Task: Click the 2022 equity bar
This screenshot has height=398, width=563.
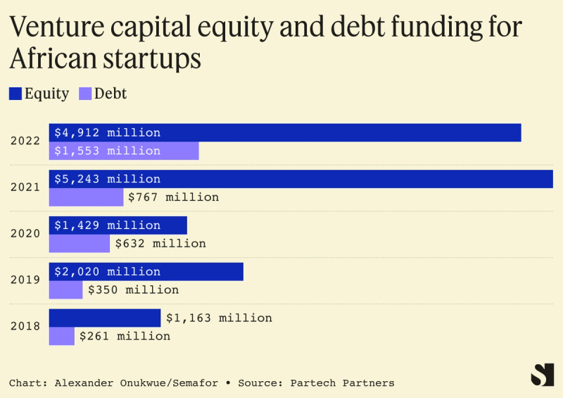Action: (x=338, y=132)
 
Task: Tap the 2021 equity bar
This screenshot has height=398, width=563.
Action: (x=352, y=179)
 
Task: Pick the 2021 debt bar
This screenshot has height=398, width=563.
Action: (x=86, y=197)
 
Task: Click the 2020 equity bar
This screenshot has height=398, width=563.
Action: (x=172, y=225)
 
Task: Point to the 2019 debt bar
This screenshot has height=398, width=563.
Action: (x=65, y=290)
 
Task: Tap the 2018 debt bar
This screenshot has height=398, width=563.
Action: (x=61, y=336)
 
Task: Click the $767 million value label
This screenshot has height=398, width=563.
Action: (x=173, y=197)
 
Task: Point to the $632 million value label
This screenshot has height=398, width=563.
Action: (x=160, y=244)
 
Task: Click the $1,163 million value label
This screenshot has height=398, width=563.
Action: (x=219, y=318)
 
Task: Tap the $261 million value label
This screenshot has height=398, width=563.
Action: (x=125, y=336)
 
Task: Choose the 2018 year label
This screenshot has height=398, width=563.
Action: (x=25, y=327)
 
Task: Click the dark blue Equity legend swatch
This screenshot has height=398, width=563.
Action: (x=15, y=93)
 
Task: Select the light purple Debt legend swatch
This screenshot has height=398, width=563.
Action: (x=85, y=93)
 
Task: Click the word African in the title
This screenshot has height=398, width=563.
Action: (x=58, y=58)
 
